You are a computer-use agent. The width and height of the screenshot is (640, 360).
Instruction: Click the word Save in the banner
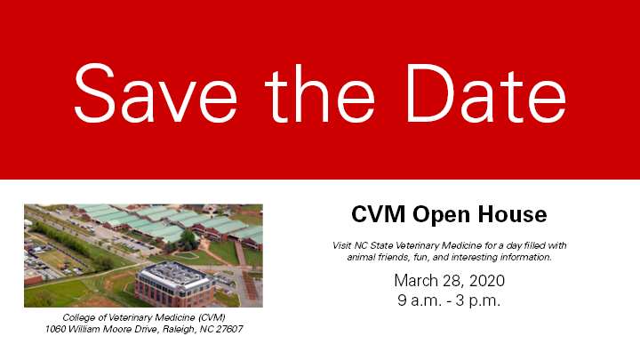click(156, 93)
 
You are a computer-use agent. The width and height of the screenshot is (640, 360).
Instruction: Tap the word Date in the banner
click(485, 93)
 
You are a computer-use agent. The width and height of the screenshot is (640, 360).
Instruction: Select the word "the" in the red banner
click(320, 93)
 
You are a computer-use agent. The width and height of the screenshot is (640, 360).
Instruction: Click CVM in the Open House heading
click(379, 214)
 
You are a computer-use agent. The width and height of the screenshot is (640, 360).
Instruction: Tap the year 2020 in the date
click(487, 281)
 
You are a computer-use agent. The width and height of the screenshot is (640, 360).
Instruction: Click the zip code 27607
click(229, 329)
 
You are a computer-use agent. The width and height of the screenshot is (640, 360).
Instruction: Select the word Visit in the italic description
click(342, 245)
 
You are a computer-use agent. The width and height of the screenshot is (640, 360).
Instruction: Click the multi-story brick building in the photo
click(175, 285)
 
